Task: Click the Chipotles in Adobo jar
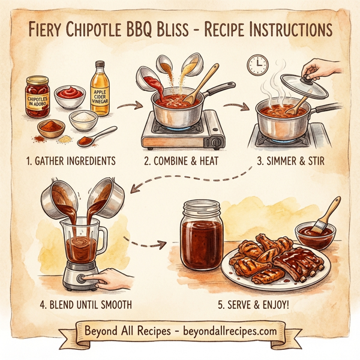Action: (x=37, y=97)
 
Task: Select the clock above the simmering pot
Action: (x=257, y=64)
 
